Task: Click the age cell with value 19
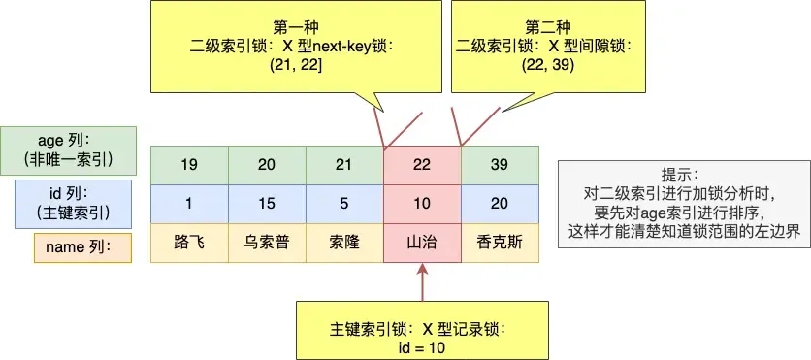click(189, 165)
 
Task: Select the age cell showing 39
click(499, 165)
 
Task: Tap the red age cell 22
click(422, 165)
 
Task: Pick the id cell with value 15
click(267, 204)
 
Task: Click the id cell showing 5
click(344, 204)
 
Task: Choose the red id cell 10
click(422, 204)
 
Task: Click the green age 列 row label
click(69, 149)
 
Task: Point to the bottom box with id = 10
click(421, 330)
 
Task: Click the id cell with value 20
click(499, 204)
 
